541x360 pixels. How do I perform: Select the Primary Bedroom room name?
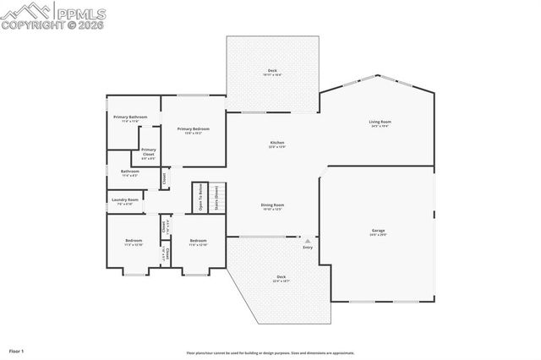[x=193, y=128]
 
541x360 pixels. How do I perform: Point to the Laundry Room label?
[x=125, y=200]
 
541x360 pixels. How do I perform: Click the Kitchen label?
[x=276, y=143]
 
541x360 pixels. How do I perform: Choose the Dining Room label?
[x=271, y=205]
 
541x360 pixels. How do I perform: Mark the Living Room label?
[x=380, y=123]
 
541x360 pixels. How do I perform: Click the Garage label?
[x=378, y=230]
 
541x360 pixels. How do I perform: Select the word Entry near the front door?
[x=307, y=247]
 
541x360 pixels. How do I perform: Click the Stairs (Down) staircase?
[x=216, y=197]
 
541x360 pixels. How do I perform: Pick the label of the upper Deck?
[x=272, y=70]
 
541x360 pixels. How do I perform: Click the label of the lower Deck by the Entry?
[x=281, y=276]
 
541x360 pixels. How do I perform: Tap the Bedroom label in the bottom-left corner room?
[x=134, y=241]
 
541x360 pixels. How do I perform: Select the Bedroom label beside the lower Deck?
[x=198, y=241]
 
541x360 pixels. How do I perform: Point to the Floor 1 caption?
[x=16, y=350]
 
